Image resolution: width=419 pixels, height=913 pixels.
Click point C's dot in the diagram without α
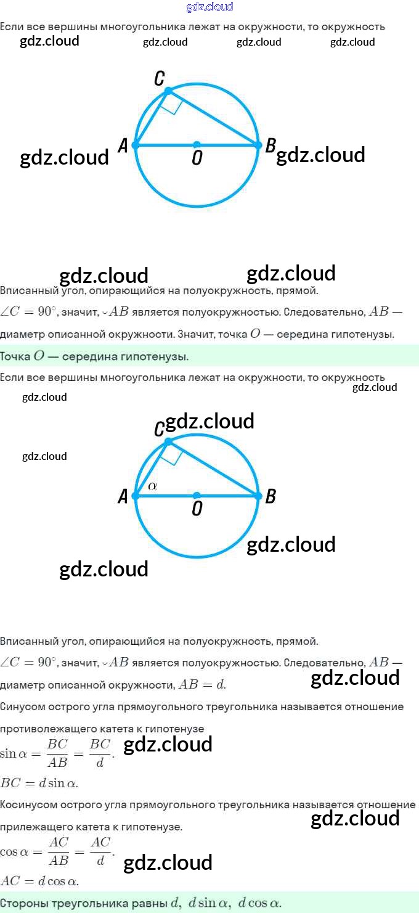[168, 91]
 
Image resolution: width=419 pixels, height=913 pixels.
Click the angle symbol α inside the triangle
[153, 486]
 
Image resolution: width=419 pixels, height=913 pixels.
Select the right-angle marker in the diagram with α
[172, 455]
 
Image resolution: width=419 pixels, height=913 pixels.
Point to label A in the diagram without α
[123, 145]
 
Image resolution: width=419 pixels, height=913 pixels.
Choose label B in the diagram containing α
[270, 496]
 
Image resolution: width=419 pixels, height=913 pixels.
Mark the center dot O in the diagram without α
[197, 145]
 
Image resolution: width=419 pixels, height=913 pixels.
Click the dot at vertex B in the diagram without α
[258, 145]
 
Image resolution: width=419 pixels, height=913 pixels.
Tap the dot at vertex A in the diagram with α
[136, 496]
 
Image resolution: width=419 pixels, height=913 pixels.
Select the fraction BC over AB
[57, 753]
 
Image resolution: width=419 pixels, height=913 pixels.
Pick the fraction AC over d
[100, 851]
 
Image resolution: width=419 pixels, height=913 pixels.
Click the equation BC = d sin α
[39, 784]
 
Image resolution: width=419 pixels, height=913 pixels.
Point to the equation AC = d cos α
[39, 881]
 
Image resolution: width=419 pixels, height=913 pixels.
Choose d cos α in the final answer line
[259, 903]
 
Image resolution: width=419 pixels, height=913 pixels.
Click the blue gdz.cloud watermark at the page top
[209, 7]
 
